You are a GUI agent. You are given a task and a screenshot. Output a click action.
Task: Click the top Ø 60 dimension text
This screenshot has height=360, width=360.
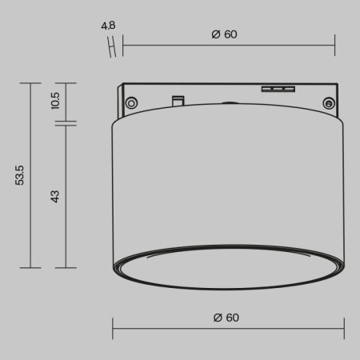(x=226, y=34)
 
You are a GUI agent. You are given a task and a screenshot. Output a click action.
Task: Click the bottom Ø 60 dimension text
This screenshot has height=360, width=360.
(x=226, y=318)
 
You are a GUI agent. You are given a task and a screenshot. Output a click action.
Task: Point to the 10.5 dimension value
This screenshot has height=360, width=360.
(x=55, y=100)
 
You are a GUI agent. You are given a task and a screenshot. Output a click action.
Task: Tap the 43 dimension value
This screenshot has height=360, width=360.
(x=55, y=195)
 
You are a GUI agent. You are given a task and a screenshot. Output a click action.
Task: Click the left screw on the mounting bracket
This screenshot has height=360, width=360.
(x=131, y=101)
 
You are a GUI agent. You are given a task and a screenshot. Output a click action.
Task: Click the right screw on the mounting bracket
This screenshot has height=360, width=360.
(x=328, y=102)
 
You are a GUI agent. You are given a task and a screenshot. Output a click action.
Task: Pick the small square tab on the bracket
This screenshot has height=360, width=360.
(x=178, y=99)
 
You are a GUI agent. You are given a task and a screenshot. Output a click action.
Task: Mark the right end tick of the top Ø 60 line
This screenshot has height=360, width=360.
(x=335, y=46)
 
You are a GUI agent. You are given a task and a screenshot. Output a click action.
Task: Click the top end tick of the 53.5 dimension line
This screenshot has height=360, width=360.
(x=30, y=82)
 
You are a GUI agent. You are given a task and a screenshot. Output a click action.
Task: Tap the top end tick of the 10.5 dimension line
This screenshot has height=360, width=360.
(x=66, y=82)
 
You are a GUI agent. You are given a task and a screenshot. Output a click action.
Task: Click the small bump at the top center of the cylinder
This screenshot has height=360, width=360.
(x=230, y=103)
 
